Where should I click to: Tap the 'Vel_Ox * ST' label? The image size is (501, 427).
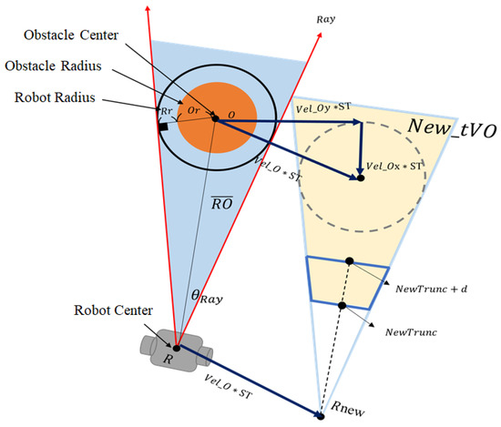(x=394, y=168)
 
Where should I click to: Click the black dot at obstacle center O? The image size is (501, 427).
(x=215, y=118)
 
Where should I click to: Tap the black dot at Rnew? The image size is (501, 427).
(x=321, y=415)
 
